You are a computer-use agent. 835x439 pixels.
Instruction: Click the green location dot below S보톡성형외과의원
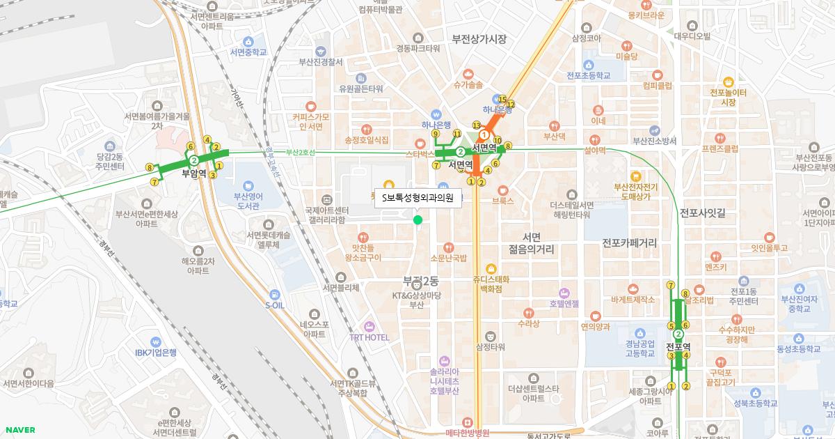(417, 220)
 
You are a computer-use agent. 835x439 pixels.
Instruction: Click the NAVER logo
(19, 430)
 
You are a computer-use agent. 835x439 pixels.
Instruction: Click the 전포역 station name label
(678, 346)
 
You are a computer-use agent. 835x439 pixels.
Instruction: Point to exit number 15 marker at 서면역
(502, 100)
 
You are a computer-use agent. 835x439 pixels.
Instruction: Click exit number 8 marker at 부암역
(150, 167)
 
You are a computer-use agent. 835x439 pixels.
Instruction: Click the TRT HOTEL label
(369, 337)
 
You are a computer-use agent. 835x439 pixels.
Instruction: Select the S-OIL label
(275, 305)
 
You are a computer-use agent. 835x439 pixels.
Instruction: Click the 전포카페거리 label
(630, 243)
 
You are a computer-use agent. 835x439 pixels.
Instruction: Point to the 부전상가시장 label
(479, 39)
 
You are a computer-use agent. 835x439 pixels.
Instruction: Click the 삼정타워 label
(490, 346)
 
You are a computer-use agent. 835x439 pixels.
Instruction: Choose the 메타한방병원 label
(468, 432)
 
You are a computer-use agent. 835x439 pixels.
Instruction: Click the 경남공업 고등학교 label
(639, 348)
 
